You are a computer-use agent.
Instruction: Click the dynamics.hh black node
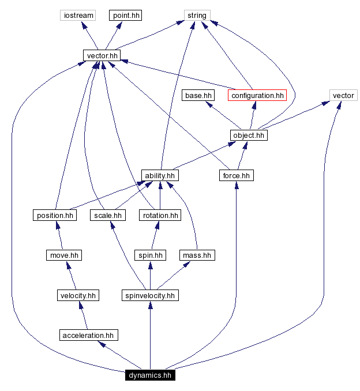point(150,375)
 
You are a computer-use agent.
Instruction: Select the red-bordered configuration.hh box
point(257,95)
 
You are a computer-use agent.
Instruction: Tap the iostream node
point(78,16)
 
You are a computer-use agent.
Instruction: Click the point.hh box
point(126,16)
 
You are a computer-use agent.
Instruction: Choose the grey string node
point(197,16)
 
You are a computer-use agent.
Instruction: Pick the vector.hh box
point(102,55)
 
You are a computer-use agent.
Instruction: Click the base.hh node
point(198,95)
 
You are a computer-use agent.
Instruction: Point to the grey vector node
point(343,95)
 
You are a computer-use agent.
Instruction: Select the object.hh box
point(249,135)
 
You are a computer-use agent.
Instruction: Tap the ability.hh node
point(160,175)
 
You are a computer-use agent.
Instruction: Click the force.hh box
point(237,175)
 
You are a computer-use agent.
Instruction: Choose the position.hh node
point(55,215)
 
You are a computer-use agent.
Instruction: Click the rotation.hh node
point(160,215)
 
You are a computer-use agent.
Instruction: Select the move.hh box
point(63,255)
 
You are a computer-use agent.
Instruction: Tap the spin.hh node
point(150,255)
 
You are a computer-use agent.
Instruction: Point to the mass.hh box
point(197,255)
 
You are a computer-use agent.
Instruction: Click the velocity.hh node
point(77,295)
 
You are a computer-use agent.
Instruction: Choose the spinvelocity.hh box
point(150,295)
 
